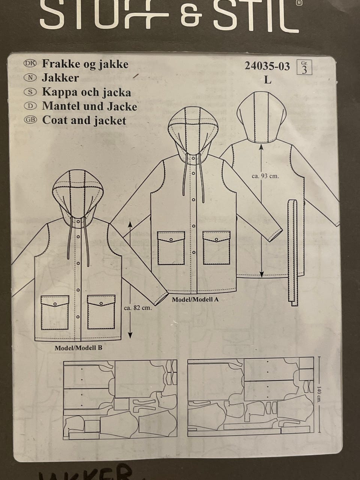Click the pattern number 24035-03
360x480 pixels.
click(x=267, y=66)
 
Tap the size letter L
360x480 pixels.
click(x=268, y=80)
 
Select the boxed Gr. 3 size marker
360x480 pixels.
click(x=304, y=67)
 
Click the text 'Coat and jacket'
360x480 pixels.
click(x=84, y=120)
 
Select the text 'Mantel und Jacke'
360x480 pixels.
click(x=89, y=106)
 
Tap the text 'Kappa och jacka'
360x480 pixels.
click(x=86, y=92)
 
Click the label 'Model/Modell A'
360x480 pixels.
click(x=195, y=299)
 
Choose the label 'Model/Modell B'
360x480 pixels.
click(x=78, y=348)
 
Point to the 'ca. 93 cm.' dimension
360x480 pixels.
click(x=265, y=176)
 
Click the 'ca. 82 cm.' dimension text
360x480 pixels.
click(x=138, y=308)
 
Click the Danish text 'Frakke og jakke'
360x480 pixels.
click(x=85, y=64)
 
